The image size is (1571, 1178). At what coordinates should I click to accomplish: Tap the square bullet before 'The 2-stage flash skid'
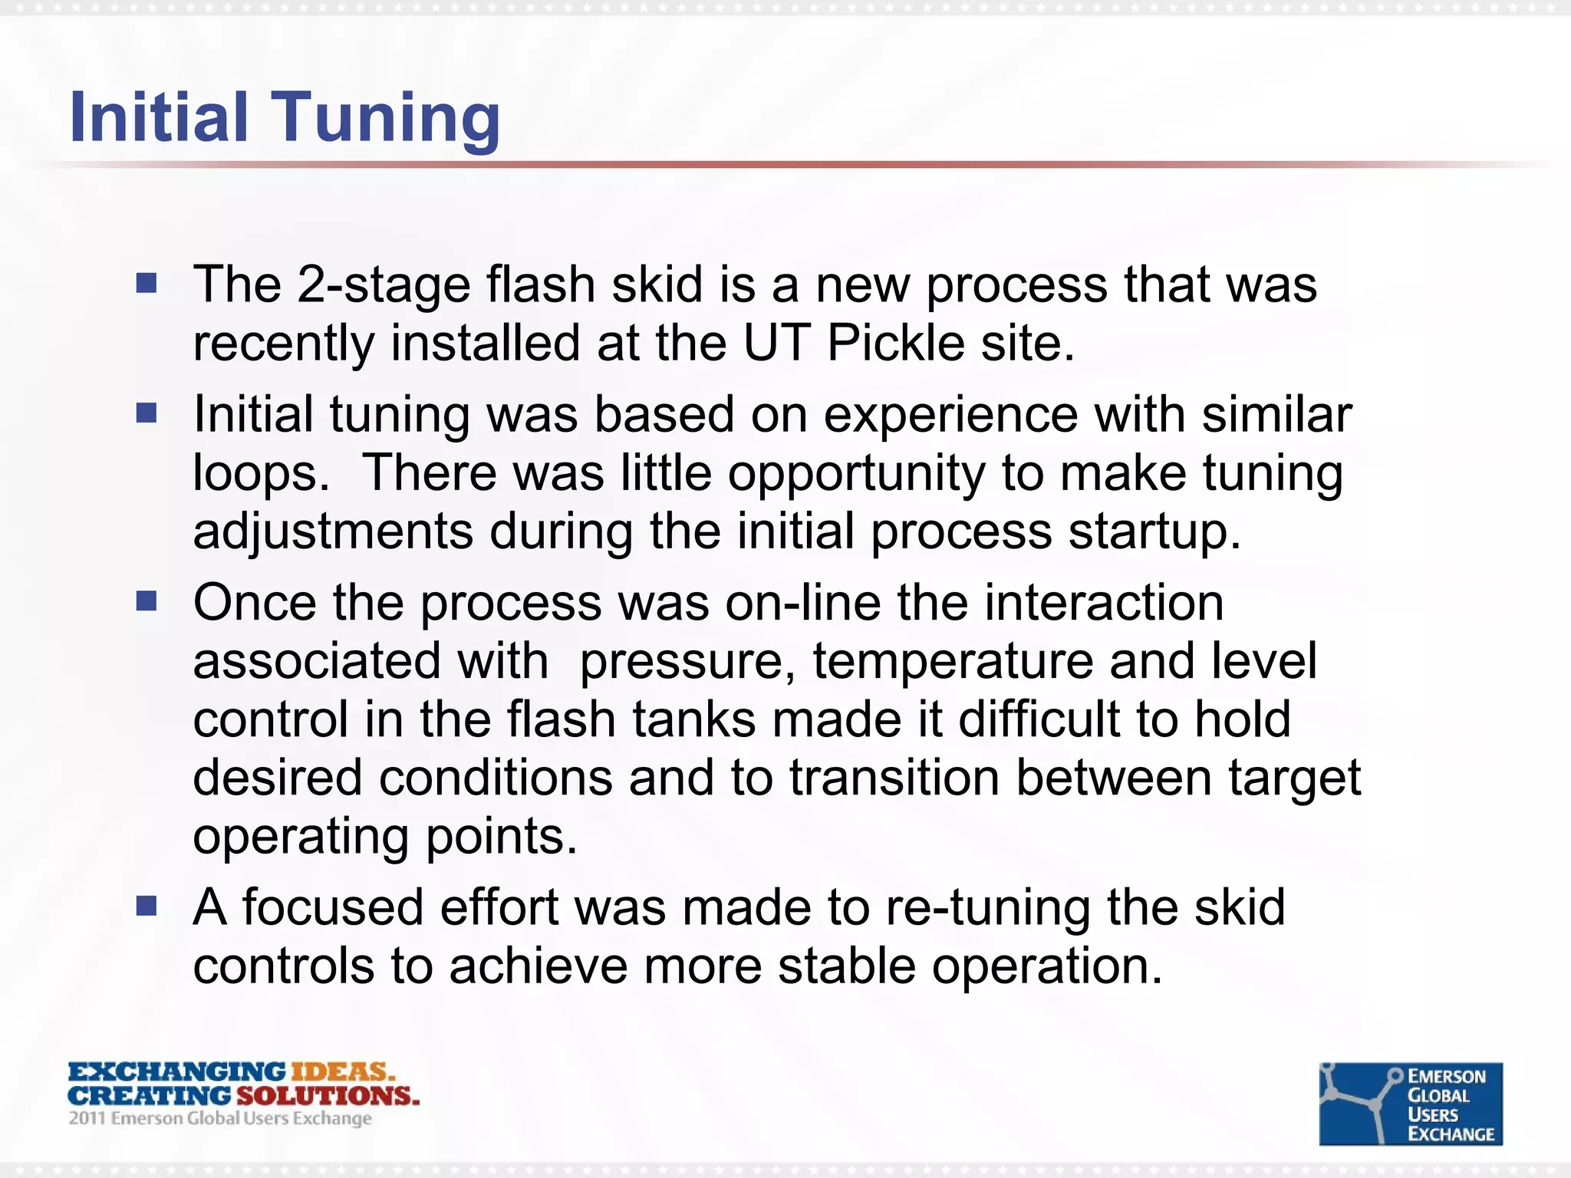pos(147,285)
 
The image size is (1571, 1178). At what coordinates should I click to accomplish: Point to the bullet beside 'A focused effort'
pos(147,907)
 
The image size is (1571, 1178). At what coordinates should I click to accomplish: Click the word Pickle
pos(895,343)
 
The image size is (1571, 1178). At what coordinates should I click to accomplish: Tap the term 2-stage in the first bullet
pos(383,285)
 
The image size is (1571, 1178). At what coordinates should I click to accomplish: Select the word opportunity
pos(856,474)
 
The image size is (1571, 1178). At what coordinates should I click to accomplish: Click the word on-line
pos(802,603)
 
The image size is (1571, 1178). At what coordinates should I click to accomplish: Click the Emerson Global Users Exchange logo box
pos(1410,1104)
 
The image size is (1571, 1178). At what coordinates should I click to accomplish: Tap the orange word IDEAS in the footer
pos(342,1071)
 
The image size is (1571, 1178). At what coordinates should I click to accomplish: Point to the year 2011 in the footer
pos(87,1118)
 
